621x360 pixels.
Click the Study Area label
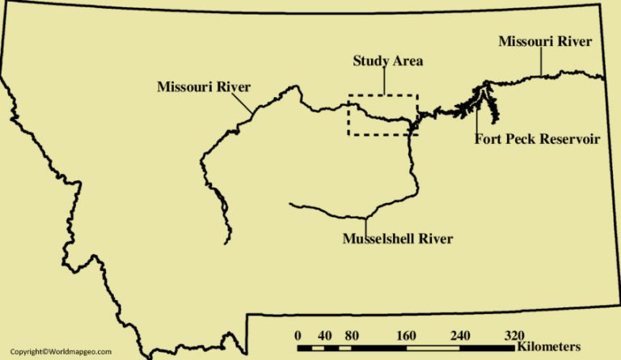pos(388,61)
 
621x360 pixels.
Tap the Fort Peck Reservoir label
pos(537,139)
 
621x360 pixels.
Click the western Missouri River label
pos(204,86)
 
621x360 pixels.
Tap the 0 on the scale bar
pos(298,336)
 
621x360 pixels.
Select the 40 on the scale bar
pos(325,336)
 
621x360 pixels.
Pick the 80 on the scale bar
pos(352,336)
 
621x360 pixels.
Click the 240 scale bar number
pos(459,336)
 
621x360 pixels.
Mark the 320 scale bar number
pos(514,336)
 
